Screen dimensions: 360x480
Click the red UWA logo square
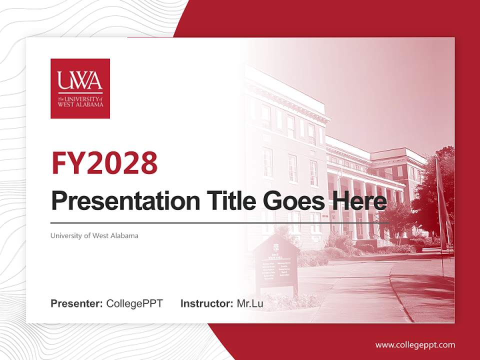[x=80, y=88]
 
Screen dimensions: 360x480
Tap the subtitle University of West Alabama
[x=94, y=235]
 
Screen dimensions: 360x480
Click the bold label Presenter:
[x=77, y=303]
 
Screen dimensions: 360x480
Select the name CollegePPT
[x=134, y=303]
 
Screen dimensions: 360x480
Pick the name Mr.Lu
[x=250, y=303]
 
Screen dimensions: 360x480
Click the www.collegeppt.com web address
[x=415, y=344]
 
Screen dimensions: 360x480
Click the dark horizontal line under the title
[x=220, y=222]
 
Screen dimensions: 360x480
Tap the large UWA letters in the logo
[x=80, y=80]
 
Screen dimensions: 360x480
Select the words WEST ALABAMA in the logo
[x=80, y=104]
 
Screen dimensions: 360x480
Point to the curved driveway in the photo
[x=395, y=285]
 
